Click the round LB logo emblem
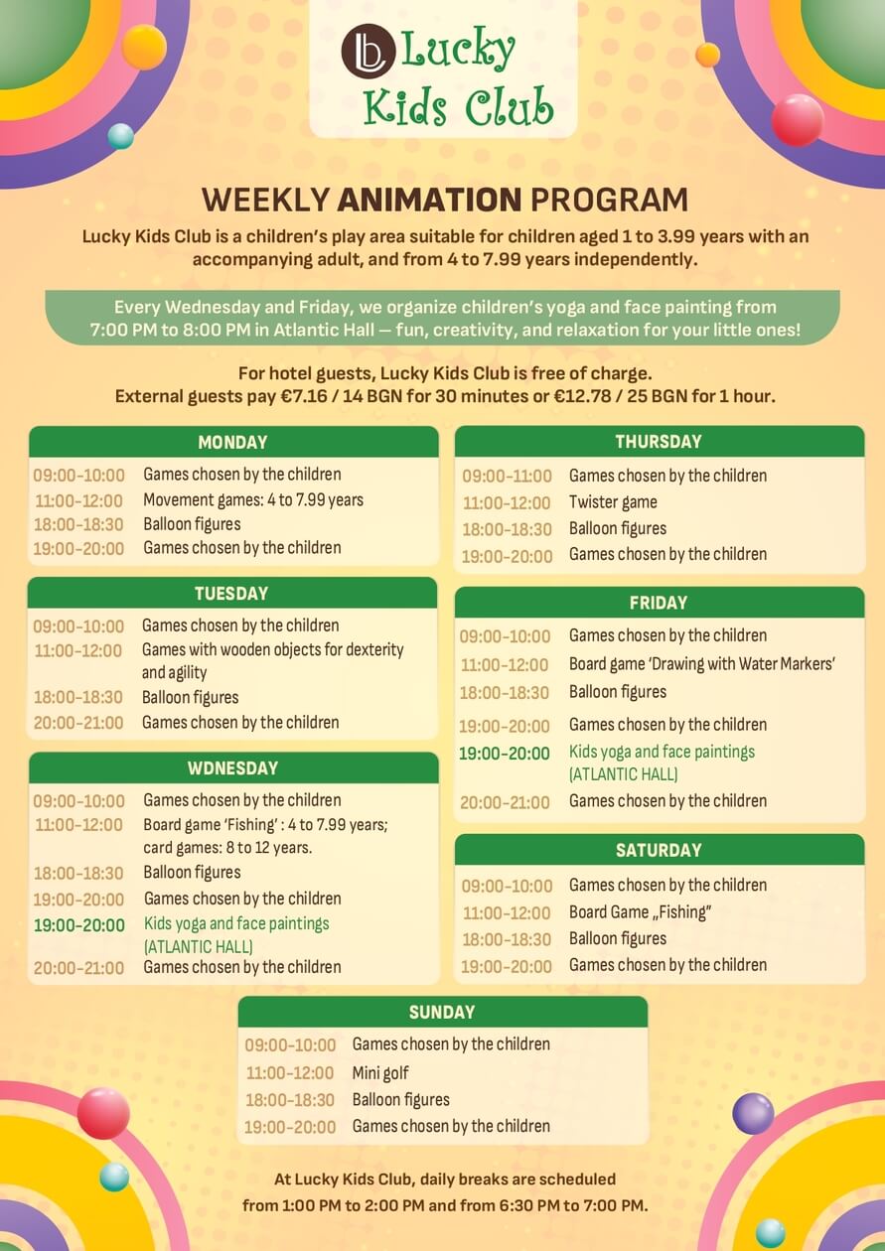coord(369,51)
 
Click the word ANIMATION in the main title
coord(429,200)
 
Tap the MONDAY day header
coord(232,443)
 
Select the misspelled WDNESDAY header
coord(232,767)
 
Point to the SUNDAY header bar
coord(442,1012)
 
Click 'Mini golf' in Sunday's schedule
coord(380,1073)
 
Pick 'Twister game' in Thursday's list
coord(613,502)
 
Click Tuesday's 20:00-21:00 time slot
coord(78,723)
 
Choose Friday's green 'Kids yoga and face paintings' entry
coord(662,753)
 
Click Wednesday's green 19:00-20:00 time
coord(78,925)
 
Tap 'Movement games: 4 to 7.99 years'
coord(253,500)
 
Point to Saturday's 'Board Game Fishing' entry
coord(641,912)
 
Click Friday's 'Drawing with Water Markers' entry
coord(702,664)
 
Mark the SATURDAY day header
coord(659,850)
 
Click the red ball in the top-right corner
coord(798,120)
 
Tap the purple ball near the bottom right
coord(753,1113)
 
